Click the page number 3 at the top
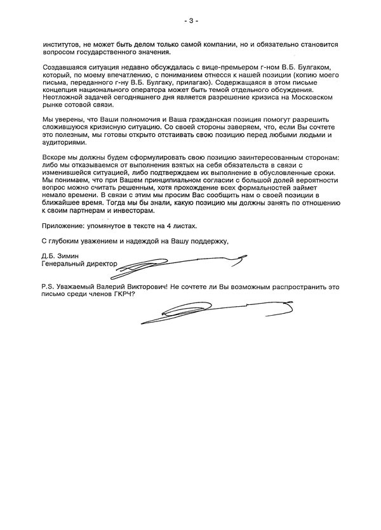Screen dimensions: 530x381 191,21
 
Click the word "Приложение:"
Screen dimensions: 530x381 63,225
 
